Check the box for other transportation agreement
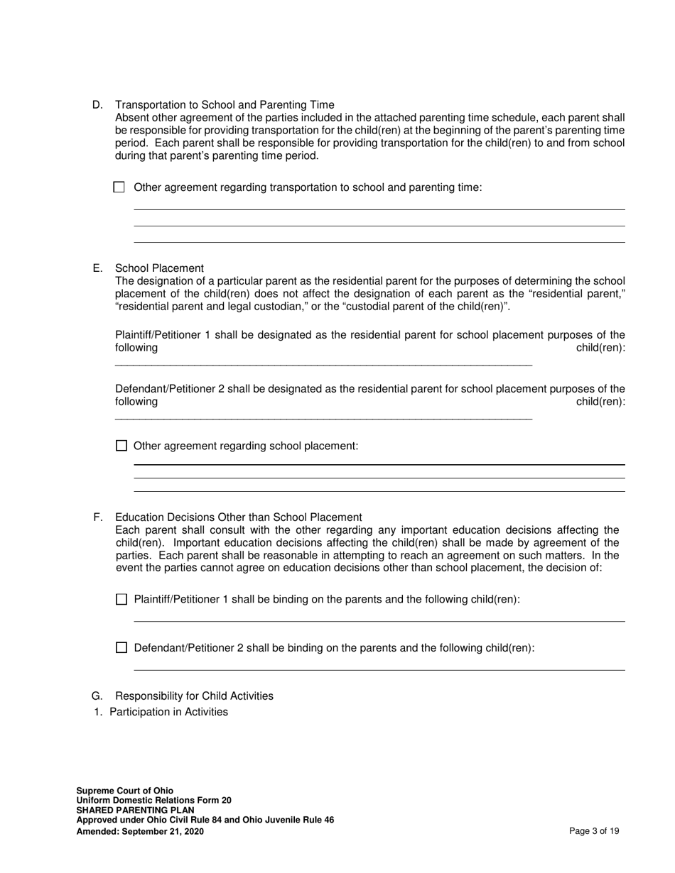[x=119, y=187]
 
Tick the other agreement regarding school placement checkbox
[x=121, y=446]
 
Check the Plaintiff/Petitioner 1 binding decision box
[x=121, y=600]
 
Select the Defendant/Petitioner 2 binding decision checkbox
[x=121, y=648]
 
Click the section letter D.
[x=97, y=105]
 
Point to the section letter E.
[x=97, y=268]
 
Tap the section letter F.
[x=97, y=517]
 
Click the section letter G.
[x=97, y=696]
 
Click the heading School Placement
[x=159, y=268]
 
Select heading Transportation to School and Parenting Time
[x=225, y=105]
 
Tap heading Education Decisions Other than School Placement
[x=238, y=517]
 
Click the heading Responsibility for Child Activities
[x=194, y=696]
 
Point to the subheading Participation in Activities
[x=168, y=712]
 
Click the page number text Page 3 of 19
[x=594, y=831]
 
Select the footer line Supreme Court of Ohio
[x=124, y=791]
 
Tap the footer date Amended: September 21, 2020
[x=140, y=831]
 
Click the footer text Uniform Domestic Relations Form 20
[x=153, y=801]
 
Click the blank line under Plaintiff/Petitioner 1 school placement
[x=323, y=363]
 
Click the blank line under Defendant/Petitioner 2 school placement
[x=323, y=417]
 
